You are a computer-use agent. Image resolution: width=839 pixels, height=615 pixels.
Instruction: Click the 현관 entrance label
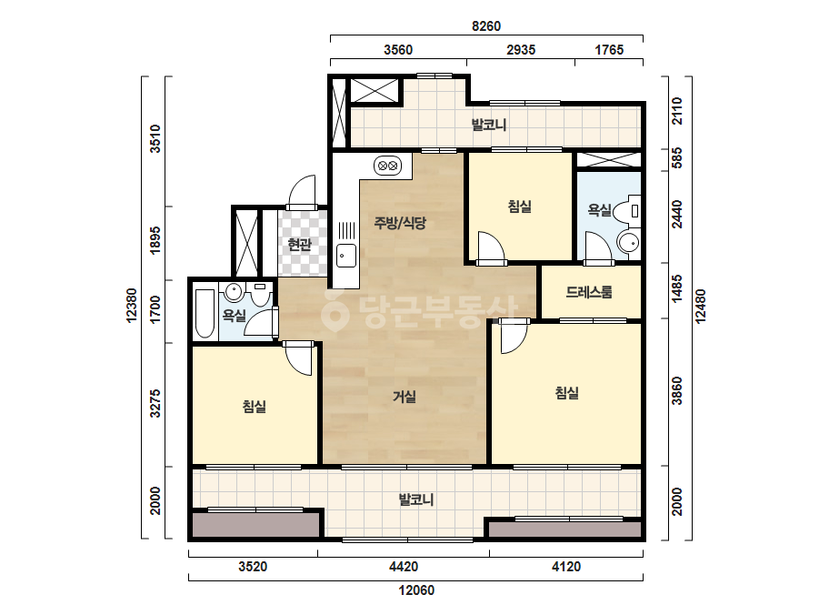point(300,245)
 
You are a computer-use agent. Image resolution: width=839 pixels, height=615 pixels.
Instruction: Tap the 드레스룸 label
point(589,292)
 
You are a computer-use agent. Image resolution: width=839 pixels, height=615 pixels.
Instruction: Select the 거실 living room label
point(405,397)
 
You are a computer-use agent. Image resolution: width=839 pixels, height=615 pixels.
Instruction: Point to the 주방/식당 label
point(400,222)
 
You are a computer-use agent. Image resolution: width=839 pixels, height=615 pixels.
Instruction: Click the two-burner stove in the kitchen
point(387,166)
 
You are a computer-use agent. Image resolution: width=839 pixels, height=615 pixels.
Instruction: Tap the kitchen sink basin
point(346,256)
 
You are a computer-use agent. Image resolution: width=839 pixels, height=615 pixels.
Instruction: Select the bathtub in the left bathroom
point(205,314)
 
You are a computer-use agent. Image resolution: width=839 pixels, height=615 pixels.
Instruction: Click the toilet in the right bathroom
point(626,211)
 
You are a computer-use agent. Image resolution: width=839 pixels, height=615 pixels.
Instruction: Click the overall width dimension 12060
point(416,590)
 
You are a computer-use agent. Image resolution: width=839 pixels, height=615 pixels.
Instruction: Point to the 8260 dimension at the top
point(485,25)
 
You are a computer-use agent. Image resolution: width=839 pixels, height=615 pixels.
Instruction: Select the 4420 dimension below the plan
point(404,566)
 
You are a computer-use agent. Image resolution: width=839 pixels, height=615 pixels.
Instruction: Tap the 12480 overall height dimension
point(701,306)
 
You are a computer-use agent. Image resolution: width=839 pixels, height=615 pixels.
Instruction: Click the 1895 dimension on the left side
point(155,240)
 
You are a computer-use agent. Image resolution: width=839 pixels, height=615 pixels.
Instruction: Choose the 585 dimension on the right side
point(677,158)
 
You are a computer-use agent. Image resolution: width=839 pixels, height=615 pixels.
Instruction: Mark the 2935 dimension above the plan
point(521,50)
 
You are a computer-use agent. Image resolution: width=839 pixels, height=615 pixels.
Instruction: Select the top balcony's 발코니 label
point(488,125)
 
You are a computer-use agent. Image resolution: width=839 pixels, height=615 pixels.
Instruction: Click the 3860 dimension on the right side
point(677,391)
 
